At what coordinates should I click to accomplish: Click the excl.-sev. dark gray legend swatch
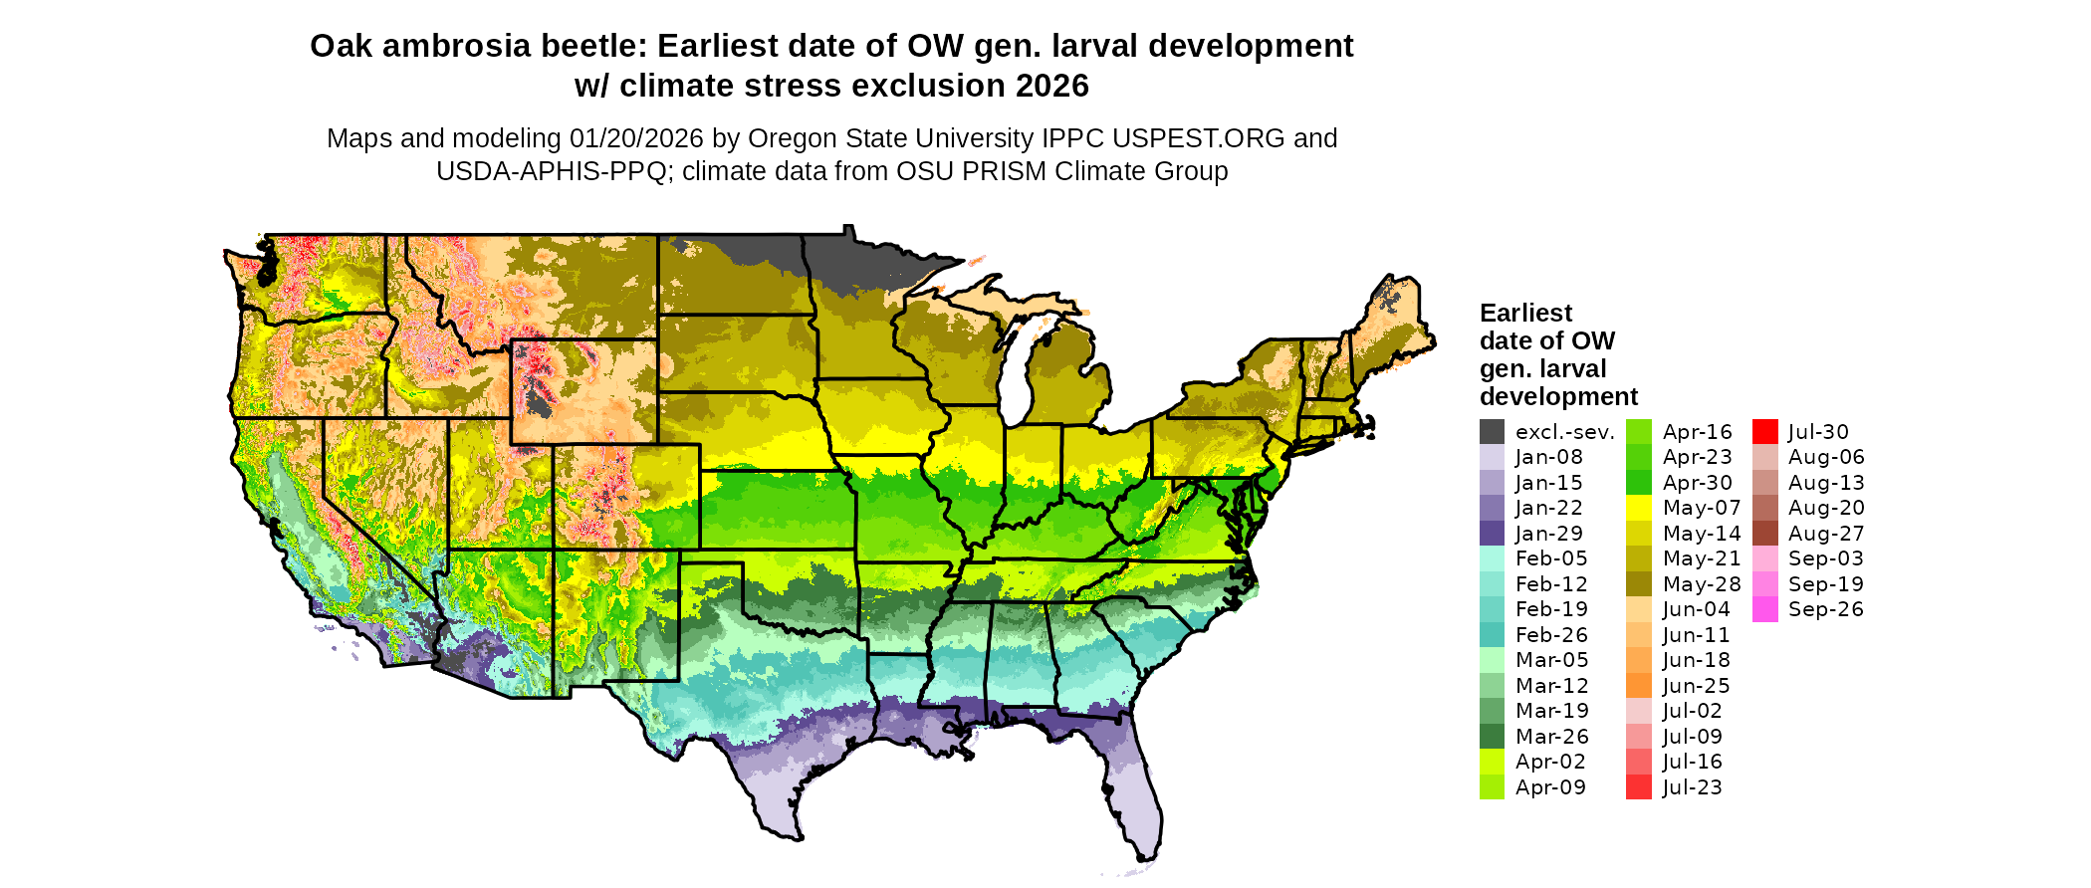point(1492,432)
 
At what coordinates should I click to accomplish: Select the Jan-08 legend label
point(1548,457)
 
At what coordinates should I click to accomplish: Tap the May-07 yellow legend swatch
point(1638,508)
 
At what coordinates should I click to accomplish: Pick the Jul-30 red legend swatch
point(1764,432)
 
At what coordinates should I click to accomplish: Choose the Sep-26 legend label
point(1825,609)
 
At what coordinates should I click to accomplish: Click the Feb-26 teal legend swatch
point(1492,635)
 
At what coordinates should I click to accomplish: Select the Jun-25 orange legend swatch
point(1638,686)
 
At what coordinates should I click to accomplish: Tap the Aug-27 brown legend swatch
point(1764,534)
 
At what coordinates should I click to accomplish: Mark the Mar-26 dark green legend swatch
point(1492,737)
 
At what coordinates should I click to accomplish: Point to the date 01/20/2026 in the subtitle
point(636,138)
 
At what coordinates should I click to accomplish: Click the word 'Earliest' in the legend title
point(1525,314)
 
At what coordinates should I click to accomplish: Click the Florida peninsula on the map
point(1135,796)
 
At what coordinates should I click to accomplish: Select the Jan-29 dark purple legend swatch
point(1492,534)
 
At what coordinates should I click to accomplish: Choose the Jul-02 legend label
point(1692,711)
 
